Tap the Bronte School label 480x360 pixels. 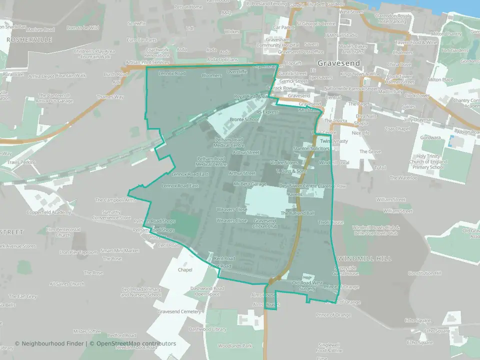(x=244, y=119)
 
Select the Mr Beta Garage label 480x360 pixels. (x=249, y=184)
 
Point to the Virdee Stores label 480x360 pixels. (x=283, y=162)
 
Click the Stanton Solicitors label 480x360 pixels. (x=310, y=149)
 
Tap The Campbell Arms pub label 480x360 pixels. (x=115, y=200)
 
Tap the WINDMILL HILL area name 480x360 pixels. (x=364, y=258)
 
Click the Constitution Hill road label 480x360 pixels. (x=425, y=273)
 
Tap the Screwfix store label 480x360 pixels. (x=136, y=23)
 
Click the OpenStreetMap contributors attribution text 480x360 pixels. (x=136, y=343)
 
